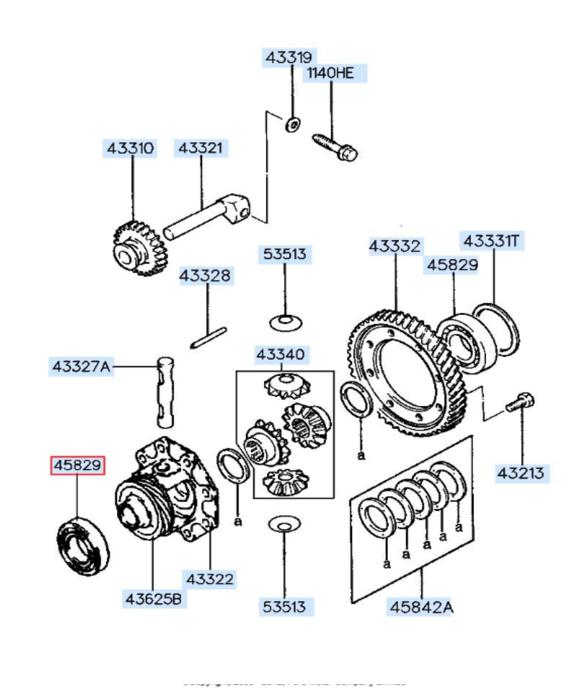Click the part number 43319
pyautogui.click(x=289, y=57)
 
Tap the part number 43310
pyautogui.click(x=131, y=148)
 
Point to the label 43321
pyautogui.click(x=200, y=148)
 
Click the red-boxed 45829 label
pyautogui.click(x=77, y=466)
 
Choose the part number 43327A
pyautogui.click(x=81, y=366)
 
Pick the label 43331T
pyautogui.click(x=491, y=241)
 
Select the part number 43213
pyautogui.click(x=521, y=473)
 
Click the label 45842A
pyautogui.click(x=421, y=608)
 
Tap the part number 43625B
pyautogui.click(x=153, y=599)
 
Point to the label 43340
pyautogui.click(x=280, y=354)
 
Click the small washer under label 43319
pyautogui.click(x=293, y=125)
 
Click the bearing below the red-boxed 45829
pyautogui.click(x=84, y=546)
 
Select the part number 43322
pyautogui.click(x=210, y=579)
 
